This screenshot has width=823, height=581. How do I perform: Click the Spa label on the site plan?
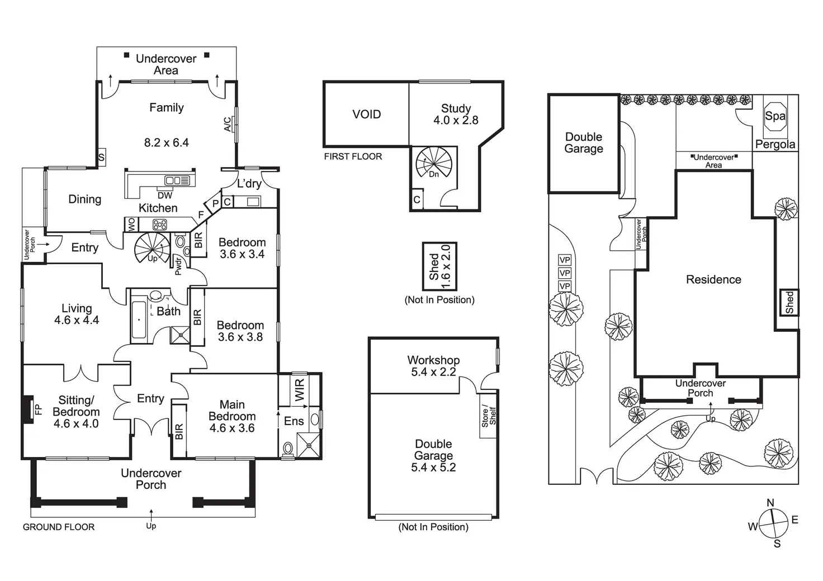click(x=775, y=116)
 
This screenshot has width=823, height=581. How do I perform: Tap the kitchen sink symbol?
click(x=177, y=180)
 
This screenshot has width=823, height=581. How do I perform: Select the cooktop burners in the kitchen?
click(x=160, y=224)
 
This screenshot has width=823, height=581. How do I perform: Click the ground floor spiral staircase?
click(x=152, y=248)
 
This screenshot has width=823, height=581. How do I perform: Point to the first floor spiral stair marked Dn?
click(x=433, y=164)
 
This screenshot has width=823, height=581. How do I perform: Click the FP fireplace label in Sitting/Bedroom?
click(x=38, y=409)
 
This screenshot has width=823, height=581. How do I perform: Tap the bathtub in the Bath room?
click(x=139, y=320)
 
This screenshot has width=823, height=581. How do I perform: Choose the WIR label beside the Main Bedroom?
click(x=300, y=389)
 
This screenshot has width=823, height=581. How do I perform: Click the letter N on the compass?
click(x=770, y=502)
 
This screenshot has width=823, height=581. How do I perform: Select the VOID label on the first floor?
click(x=366, y=115)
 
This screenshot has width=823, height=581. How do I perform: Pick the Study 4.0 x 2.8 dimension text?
click(x=456, y=120)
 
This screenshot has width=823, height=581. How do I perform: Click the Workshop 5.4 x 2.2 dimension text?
click(x=433, y=372)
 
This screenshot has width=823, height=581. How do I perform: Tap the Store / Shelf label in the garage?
click(x=489, y=416)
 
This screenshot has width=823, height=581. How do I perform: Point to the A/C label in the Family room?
click(x=228, y=124)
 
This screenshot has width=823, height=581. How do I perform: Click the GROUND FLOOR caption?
click(x=59, y=527)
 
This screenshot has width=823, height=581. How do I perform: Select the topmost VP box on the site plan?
click(x=565, y=260)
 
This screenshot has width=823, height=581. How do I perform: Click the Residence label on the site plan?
click(x=713, y=280)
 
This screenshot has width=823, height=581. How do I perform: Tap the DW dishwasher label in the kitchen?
click(x=165, y=196)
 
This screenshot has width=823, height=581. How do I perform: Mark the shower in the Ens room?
click(x=309, y=445)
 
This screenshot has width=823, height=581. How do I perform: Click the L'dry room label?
click(x=249, y=183)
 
